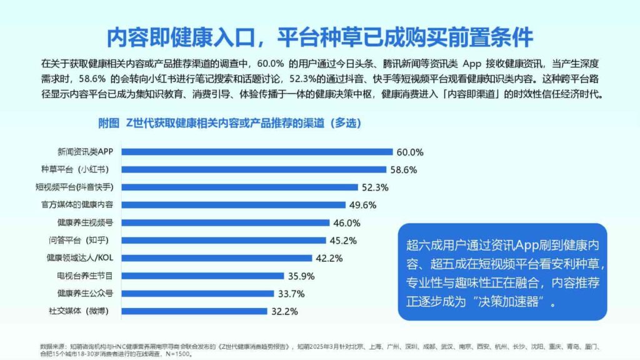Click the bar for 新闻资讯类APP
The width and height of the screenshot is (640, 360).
coord(256,151)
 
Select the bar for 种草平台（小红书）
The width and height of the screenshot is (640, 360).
coord(253,169)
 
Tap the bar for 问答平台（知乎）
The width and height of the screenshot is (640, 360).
coord(223,240)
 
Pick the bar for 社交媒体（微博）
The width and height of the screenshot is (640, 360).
coord(194,311)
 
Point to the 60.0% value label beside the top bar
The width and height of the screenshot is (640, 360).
coord(410,152)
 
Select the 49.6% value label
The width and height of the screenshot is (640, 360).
coord(362,205)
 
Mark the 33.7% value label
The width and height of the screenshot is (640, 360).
coord(291,294)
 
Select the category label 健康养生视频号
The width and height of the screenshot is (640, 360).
coord(85,222)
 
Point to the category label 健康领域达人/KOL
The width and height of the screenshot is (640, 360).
coord(80,257)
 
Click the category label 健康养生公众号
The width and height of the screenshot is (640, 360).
coord(85,293)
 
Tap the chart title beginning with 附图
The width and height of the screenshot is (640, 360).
coord(229,123)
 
